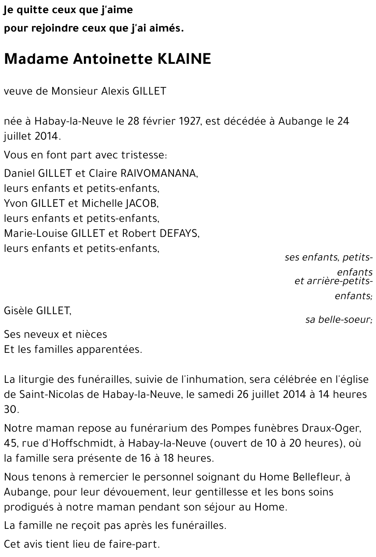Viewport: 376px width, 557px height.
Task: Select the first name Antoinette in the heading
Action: click(107, 59)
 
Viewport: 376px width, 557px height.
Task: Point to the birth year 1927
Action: click(187, 121)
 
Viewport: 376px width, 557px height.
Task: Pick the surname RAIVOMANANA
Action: click(159, 173)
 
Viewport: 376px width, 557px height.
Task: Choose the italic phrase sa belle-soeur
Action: click(338, 320)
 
